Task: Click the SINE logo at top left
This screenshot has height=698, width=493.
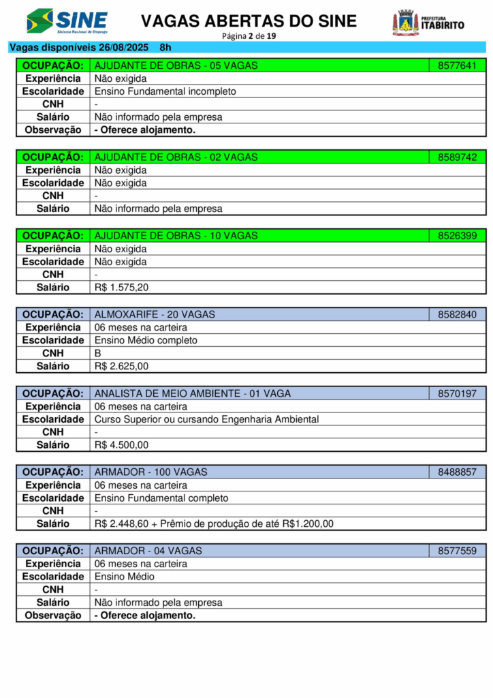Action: [67, 21]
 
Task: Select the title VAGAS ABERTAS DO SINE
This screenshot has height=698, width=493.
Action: [249, 21]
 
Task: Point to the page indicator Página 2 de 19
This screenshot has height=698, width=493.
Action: [249, 36]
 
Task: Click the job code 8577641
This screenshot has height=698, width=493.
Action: [457, 65]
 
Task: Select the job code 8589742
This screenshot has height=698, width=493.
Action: [457, 157]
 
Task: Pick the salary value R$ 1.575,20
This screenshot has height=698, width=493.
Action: [121, 288]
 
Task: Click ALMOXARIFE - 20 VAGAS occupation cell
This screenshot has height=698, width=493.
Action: [155, 314]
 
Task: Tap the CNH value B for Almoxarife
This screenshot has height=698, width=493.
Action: [97, 353]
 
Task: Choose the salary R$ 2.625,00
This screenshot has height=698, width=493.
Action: [121, 366]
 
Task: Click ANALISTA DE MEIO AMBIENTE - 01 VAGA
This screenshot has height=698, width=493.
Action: [193, 393]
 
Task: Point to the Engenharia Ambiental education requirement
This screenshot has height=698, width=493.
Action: [206, 419]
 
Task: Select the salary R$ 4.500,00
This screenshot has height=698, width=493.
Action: [121, 445]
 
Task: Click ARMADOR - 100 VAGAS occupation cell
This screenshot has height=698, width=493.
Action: [151, 472]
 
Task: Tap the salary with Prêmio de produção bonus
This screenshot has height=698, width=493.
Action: [214, 523]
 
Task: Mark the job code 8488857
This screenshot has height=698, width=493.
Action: [457, 472]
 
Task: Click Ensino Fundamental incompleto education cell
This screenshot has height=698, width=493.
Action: [165, 91]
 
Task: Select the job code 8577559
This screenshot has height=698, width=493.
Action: [457, 550]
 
